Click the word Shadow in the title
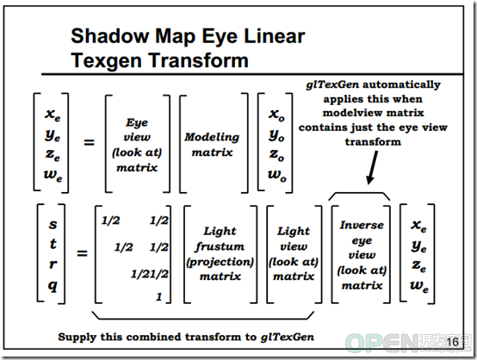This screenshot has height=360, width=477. coord(110,36)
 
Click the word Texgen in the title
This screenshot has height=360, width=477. coord(107,60)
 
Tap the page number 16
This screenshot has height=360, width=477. coord(452,341)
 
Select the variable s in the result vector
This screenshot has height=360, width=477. coord(53,224)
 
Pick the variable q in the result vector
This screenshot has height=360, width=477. coord(53,286)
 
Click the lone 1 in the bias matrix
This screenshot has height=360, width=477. coord(158,296)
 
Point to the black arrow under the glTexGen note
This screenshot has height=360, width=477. coord(373,168)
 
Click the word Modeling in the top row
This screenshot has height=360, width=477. coord(212,137)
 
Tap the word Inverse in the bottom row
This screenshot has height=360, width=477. coord(362,225)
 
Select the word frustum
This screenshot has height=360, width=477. coord(220,245)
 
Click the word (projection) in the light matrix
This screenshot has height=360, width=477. coord(220,262)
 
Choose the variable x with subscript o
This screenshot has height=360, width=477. coord(276,115)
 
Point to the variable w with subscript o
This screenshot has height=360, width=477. coord(277,176)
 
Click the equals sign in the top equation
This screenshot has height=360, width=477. coord(90,142)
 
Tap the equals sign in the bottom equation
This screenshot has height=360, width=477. coord(82,253)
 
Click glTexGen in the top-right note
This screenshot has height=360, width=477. coord(332,84)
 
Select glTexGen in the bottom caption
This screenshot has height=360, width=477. coord(288,337)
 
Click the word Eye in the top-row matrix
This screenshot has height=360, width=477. coord(137,122)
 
